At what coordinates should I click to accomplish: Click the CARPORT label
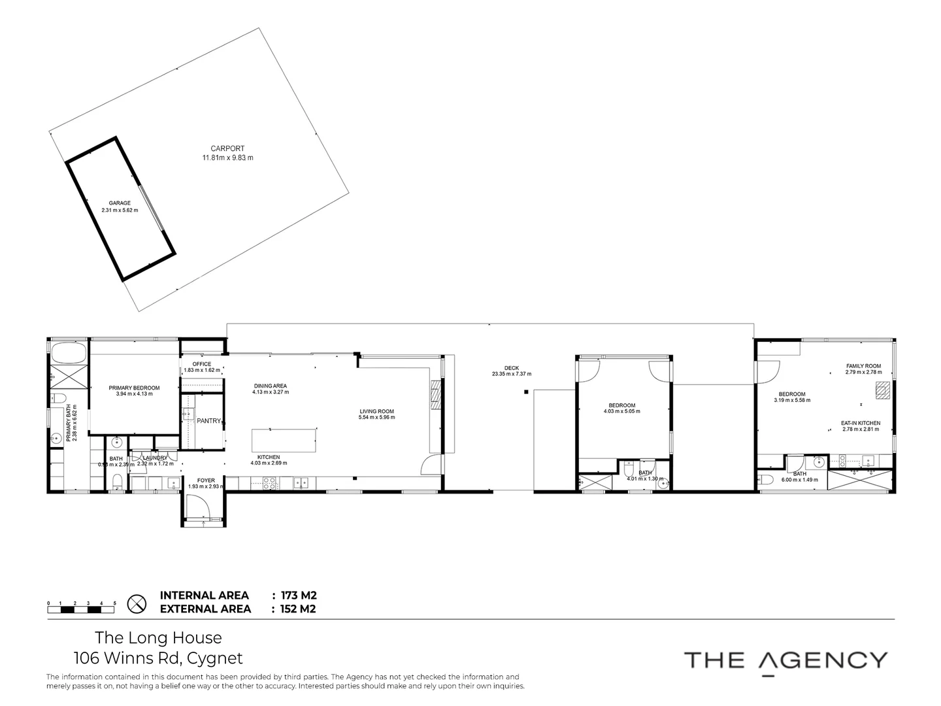tap(227, 148)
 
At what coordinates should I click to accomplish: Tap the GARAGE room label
tap(120, 203)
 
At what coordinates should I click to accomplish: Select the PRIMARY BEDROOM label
tap(134, 388)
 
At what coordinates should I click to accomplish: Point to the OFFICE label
tap(202, 364)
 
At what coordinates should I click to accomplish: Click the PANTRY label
tap(209, 421)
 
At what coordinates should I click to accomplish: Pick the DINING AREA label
tap(270, 386)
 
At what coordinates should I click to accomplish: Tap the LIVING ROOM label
tap(377, 412)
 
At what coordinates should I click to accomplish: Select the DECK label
tap(511, 368)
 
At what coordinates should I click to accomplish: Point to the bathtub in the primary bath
tap(68, 353)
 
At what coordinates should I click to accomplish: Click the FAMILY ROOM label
tap(863, 366)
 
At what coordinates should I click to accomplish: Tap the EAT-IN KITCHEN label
tap(860, 423)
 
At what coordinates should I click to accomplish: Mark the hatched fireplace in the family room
tap(883, 390)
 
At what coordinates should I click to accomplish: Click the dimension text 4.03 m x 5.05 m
tap(621, 411)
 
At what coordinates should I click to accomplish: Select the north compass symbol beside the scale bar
tap(135, 604)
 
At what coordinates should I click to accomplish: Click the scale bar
tap(81, 609)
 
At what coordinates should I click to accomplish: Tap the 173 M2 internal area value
tap(299, 596)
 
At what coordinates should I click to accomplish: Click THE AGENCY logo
tap(785, 660)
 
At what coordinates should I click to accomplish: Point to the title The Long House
tap(158, 637)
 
